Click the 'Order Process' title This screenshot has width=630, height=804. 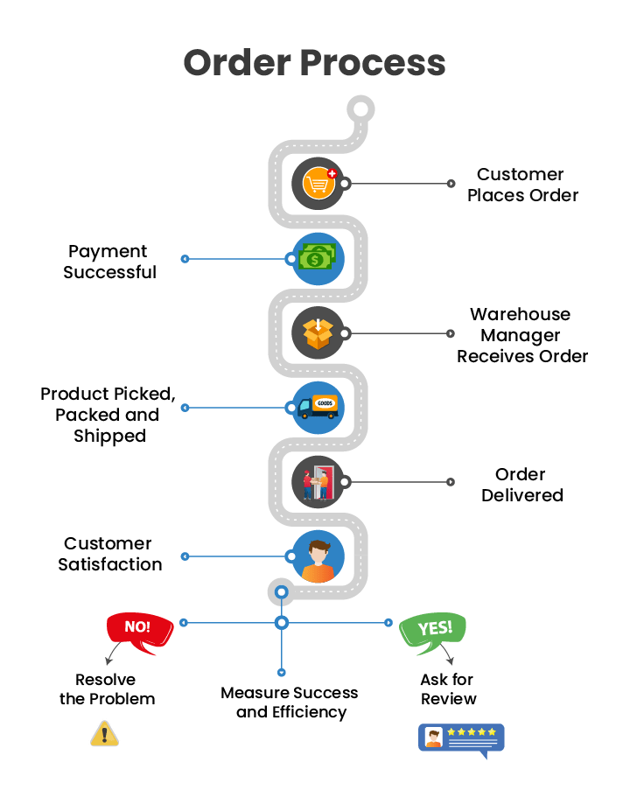tap(314, 64)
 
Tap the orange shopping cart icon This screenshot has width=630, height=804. tap(318, 184)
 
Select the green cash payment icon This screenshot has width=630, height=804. tap(317, 258)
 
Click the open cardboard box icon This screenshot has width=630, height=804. tap(318, 333)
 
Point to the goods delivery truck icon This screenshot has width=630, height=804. tap(317, 408)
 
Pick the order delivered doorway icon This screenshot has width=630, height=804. tap(317, 482)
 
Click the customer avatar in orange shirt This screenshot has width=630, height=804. tap(318, 557)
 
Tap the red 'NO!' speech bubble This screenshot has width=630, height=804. tap(138, 630)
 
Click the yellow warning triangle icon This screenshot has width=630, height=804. tap(104, 733)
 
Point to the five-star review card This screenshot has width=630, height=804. tap(462, 738)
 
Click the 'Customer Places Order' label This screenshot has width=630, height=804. tap(522, 185)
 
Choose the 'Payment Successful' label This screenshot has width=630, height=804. tap(109, 262)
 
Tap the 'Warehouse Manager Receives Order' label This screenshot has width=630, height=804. tap(521, 335)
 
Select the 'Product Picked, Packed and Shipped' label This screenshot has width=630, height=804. tap(108, 415)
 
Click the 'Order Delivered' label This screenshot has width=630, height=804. tap(521, 485)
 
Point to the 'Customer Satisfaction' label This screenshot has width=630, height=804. tap(109, 554)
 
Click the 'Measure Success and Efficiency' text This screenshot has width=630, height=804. tap(290, 703)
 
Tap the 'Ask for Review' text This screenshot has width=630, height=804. tap(448, 689)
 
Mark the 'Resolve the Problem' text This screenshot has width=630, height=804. tap(107, 689)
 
